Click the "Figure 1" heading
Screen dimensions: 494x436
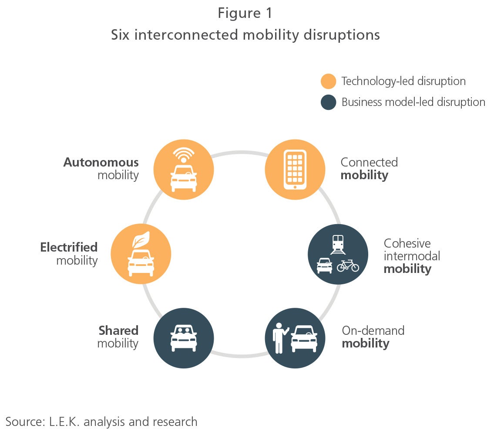pos(245,13)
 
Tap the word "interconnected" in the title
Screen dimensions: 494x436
pos(186,35)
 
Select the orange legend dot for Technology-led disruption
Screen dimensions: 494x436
pos(328,82)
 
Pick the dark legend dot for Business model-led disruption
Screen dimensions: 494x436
pos(328,102)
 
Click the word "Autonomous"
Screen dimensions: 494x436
pos(101,162)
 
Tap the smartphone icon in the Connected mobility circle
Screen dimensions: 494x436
pos(295,170)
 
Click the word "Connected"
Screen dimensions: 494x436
pos(369,162)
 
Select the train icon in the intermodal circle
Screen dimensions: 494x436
pos(338,245)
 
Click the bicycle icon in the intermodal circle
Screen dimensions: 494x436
pos(348,266)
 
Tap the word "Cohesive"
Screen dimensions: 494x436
pos(407,243)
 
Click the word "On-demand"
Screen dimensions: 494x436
pos(373,330)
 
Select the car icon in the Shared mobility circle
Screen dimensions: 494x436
pos(184,338)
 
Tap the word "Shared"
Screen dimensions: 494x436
pos(118,330)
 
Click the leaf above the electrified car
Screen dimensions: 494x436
pos(141,240)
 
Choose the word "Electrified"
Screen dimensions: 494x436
pos(69,247)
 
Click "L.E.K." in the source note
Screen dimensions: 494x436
pos(64,422)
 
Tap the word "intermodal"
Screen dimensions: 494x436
pos(412,256)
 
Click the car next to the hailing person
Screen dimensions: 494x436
pos(304,338)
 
